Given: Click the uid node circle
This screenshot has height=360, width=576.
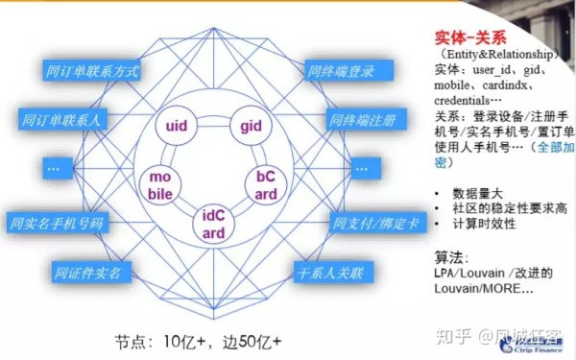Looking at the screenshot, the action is pos(176,126).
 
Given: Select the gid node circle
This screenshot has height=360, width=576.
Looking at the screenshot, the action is pos(252,126).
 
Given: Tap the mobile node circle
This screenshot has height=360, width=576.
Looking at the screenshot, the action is pos(158,184).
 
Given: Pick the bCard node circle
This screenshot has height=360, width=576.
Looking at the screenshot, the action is pos(265,184).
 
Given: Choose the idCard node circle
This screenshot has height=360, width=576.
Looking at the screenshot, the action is pos(214,223).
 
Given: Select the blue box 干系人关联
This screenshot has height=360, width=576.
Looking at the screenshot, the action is pos(339,271).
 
